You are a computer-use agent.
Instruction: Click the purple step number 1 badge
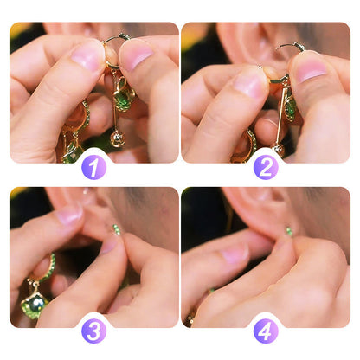(93, 166)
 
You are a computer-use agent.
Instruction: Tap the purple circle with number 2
(265, 166)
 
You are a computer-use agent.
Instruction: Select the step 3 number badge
(93, 331)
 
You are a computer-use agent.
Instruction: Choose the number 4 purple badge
(265, 331)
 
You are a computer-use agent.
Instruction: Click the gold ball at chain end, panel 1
(118, 138)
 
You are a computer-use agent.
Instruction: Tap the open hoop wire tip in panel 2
(299, 45)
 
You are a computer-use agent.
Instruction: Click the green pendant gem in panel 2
(291, 109)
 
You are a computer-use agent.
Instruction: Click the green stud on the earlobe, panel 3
(116, 229)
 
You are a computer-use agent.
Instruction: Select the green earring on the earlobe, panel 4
(289, 231)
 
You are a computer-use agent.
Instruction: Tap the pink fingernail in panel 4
(234, 254)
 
